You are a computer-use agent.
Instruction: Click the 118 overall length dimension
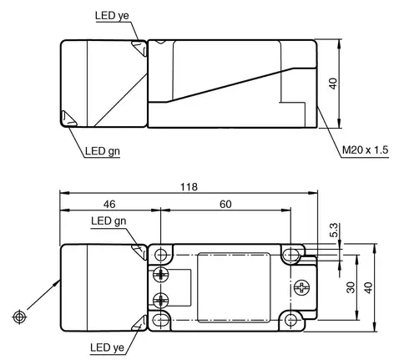pos(189,187)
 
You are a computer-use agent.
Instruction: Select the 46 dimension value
pos(109,205)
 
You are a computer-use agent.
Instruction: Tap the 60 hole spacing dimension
pos(225,205)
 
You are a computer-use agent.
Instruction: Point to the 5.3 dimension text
pos(334,230)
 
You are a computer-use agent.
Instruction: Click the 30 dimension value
pos(351,287)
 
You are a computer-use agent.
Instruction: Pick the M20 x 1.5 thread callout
pos(365,150)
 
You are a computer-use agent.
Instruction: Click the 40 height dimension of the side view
pos(333,84)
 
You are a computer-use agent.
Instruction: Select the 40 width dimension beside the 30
pos(369,287)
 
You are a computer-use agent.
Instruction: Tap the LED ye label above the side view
pos(112,16)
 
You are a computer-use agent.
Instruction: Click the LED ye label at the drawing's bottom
pos(107,347)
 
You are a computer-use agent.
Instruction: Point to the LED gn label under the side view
pos(103,151)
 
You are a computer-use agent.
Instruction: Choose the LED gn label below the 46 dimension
pos(109,221)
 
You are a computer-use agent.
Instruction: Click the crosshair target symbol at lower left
pos(19,317)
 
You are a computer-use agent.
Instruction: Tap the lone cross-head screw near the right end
pos(301,287)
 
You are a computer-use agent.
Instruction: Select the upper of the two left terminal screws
pos(161,276)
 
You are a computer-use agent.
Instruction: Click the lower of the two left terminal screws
pos(161,300)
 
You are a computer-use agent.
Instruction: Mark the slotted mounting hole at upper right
pos(291,254)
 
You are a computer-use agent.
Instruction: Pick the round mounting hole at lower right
pos(291,320)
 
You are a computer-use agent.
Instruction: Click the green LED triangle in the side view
pos(68,119)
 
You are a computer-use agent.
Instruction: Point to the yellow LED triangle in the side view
pos(139,48)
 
